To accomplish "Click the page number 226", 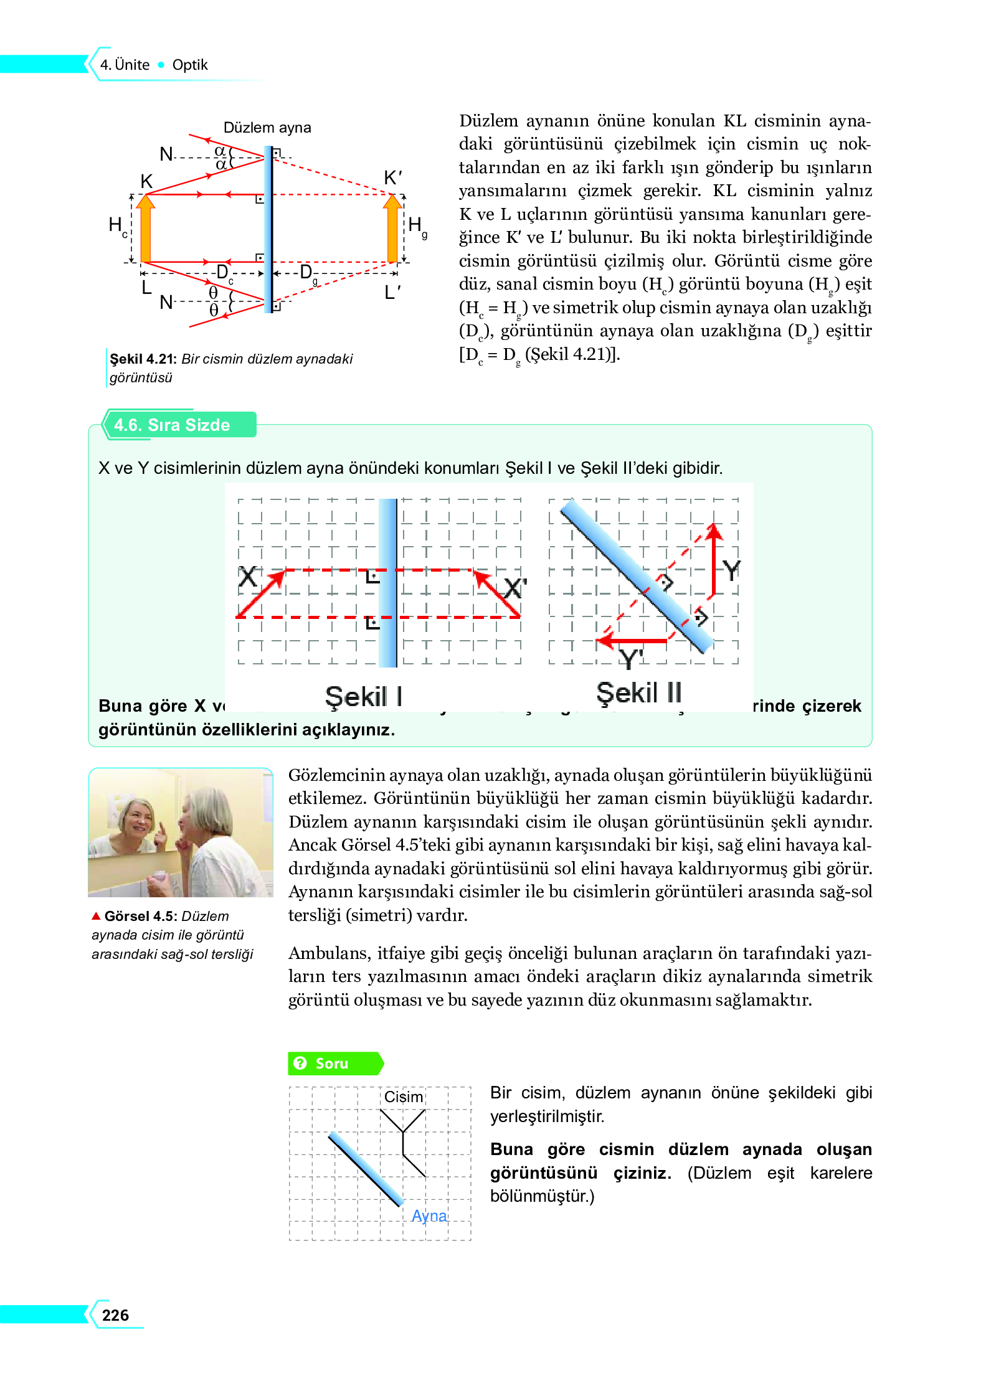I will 115,1314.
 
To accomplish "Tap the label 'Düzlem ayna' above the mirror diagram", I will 267,128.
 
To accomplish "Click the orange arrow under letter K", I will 146,229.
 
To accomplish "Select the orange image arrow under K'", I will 392,229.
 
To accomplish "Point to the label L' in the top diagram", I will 392,291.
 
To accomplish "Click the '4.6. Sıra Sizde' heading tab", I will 172,425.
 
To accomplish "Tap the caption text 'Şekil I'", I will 364,696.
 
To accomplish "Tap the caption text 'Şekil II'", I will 639,693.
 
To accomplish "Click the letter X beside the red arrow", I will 247,577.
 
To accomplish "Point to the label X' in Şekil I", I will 514,588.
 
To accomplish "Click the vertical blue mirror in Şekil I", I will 387,583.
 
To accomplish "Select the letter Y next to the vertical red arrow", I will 731,570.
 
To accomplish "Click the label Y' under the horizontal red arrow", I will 631,659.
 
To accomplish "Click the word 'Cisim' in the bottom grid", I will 403,1097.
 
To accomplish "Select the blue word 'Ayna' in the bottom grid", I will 429,1215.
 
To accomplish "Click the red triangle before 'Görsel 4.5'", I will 96,915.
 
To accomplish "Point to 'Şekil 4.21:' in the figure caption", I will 143,359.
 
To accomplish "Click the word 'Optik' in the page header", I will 190,65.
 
